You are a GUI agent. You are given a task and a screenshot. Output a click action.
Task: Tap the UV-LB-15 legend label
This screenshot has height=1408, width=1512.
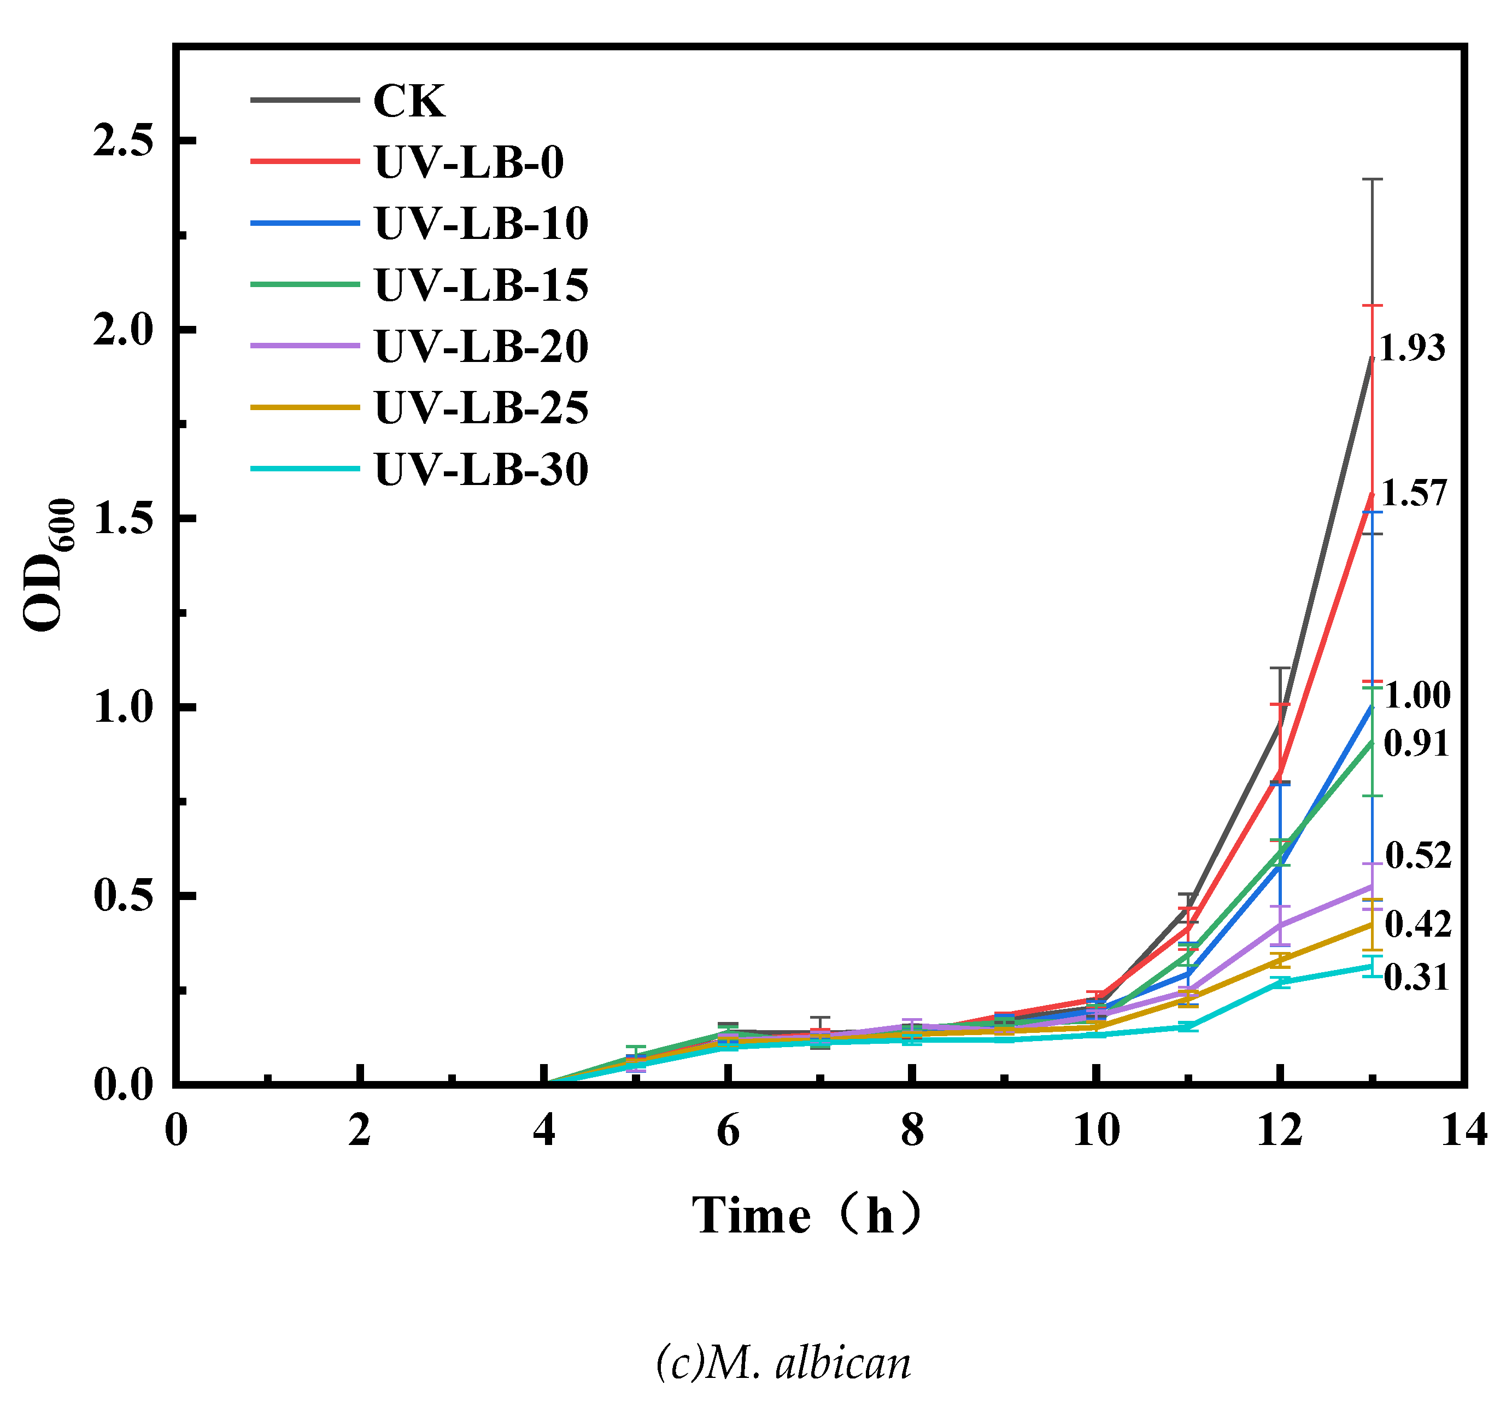[x=480, y=285]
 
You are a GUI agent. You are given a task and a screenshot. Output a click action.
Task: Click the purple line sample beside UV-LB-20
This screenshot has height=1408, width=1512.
[x=304, y=346]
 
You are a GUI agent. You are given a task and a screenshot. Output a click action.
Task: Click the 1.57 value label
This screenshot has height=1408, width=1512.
[x=1413, y=494]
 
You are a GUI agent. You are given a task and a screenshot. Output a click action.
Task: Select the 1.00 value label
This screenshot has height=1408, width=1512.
[x=1417, y=696]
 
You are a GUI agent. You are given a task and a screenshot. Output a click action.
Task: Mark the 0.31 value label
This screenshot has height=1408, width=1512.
[x=1416, y=978]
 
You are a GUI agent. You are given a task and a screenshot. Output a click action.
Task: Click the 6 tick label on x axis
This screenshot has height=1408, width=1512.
[x=728, y=1131]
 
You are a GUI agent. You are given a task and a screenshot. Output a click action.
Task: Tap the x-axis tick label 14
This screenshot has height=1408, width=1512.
[x=1464, y=1131]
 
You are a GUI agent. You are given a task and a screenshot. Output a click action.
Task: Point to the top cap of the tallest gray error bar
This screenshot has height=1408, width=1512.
[x=1372, y=179]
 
